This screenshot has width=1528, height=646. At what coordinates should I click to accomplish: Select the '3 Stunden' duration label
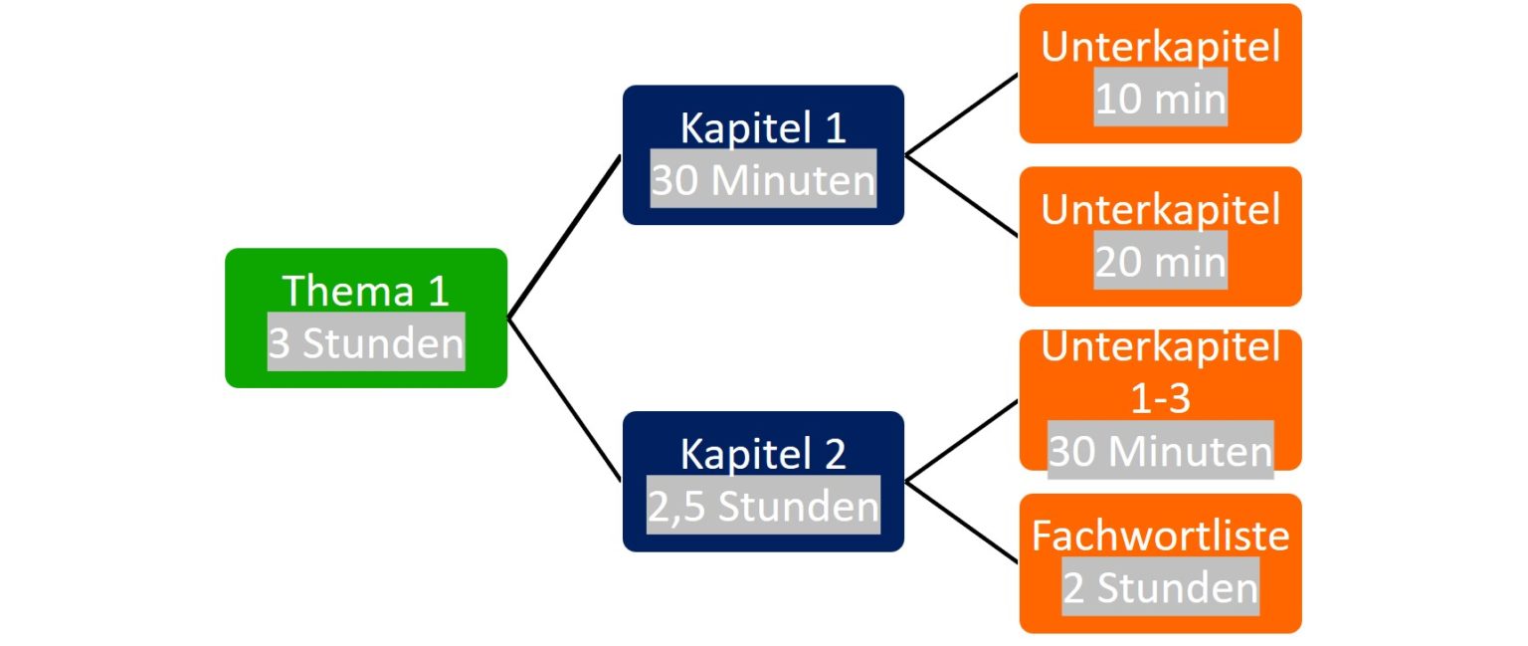pyautogui.click(x=366, y=343)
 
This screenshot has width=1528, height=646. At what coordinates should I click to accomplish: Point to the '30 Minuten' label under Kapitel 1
pyautogui.click(x=763, y=180)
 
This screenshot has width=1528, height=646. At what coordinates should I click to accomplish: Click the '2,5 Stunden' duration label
pyautogui.click(x=763, y=507)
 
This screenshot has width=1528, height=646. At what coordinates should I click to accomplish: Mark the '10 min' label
pyautogui.click(x=1160, y=100)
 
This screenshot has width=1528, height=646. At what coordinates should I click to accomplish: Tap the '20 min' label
pyautogui.click(x=1160, y=262)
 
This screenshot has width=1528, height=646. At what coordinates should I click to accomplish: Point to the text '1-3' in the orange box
pyautogui.click(x=1160, y=399)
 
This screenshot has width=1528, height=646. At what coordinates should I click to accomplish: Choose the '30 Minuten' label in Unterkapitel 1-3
pyautogui.click(x=1160, y=452)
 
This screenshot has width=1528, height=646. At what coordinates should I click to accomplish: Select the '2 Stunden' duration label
pyautogui.click(x=1160, y=587)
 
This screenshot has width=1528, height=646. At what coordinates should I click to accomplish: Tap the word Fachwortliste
pyautogui.click(x=1160, y=536)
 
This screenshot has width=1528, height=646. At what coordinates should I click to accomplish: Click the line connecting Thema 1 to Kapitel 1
pyautogui.click(x=564, y=237)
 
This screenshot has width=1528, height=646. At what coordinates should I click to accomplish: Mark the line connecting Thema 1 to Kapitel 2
pyautogui.click(x=564, y=400)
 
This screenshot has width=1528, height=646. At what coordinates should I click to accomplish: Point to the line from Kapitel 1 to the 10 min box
pyautogui.click(x=962, y=113)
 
